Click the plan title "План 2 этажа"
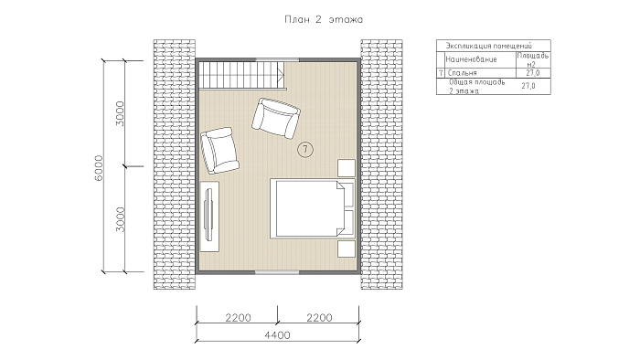pyautogui.click(x=324, y=19)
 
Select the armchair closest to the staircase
pyautogui.click(x=276, y=118)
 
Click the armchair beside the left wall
pyautogui.click(x=219, y=150)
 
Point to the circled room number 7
pyautogui.click(x=304, y=150)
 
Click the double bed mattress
pyautogui.click(x=306, y=208)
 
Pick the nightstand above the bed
pyautogui.click(x=347, y=167)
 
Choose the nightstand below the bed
pyautogui.click(x=347, y=249)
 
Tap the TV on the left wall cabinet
pyautogui.click(x=208, y=214)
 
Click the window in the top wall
pyautogui.click(x=278, y=60)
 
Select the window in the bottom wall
pyautogui.click(x=278, y=271)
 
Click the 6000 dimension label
pyautogui.click(x=99, y=167)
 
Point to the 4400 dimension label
pyautogui.click(x=278, y=334)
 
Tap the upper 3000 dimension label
pyautogui.click(x=120, y=113)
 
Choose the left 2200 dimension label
pyautogui.click(x=238, y=317)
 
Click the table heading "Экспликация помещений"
pyautogui.click(x=489, y=46)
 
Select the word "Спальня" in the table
pyautogui.click(x=462, y=73)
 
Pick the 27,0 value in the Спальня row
pyautogui.click(x=533, y=73)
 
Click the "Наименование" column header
pyautogui.click(x=471, y=59)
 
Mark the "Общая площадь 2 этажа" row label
pyautogui.click(x=476, y=86)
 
